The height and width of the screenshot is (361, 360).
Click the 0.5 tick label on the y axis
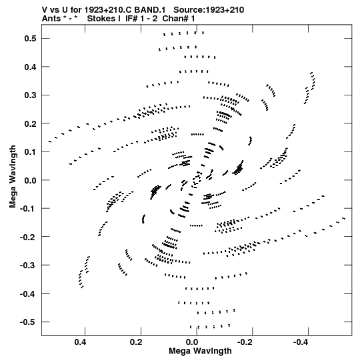point(30,39)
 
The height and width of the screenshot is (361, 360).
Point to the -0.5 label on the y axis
point(28,322)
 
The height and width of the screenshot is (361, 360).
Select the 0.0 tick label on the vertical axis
point(30,180)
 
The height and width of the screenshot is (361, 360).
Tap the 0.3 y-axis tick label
point(30,95)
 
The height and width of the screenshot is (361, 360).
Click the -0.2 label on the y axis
point(28,237)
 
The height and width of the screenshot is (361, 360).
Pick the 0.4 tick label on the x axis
point(80,342)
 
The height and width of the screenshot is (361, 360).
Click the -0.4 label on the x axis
point(301,342)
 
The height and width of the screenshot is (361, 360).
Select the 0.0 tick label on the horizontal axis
point(191,342)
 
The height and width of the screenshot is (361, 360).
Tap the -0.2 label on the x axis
point(245,342)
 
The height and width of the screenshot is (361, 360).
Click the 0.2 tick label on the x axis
point(136,342)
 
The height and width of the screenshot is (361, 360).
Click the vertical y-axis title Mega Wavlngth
point(13,177)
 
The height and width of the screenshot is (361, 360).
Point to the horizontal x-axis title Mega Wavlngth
point(200,351)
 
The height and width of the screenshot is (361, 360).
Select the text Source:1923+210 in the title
point(209,10)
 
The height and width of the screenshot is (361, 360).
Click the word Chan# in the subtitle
point(175,19)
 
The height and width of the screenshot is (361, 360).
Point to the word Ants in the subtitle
point(51,19)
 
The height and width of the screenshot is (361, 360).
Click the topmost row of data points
point(183,33)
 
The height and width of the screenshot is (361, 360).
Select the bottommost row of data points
point(210,326)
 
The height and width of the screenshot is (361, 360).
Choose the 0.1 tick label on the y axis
point(30,152)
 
